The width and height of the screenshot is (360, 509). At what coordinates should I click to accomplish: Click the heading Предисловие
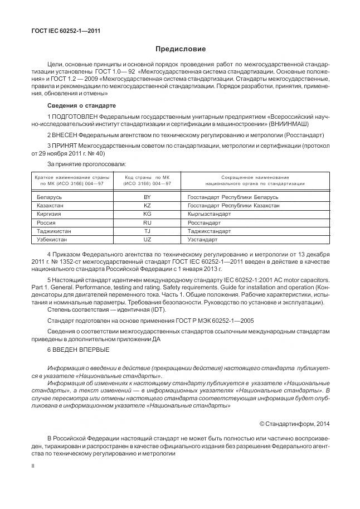[180, 50]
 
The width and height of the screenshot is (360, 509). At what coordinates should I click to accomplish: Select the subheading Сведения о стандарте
[81, 105]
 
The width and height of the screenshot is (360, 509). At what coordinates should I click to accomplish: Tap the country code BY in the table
[147, 197]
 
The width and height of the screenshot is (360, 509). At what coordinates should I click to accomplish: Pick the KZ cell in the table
[147, 206]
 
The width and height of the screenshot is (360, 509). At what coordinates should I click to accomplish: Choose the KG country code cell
[147, 214]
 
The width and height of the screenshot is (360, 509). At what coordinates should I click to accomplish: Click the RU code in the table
[147, 222]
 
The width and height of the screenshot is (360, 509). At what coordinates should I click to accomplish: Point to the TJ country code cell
[147, 230]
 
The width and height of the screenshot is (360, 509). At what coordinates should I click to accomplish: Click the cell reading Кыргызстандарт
[210, 214]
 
